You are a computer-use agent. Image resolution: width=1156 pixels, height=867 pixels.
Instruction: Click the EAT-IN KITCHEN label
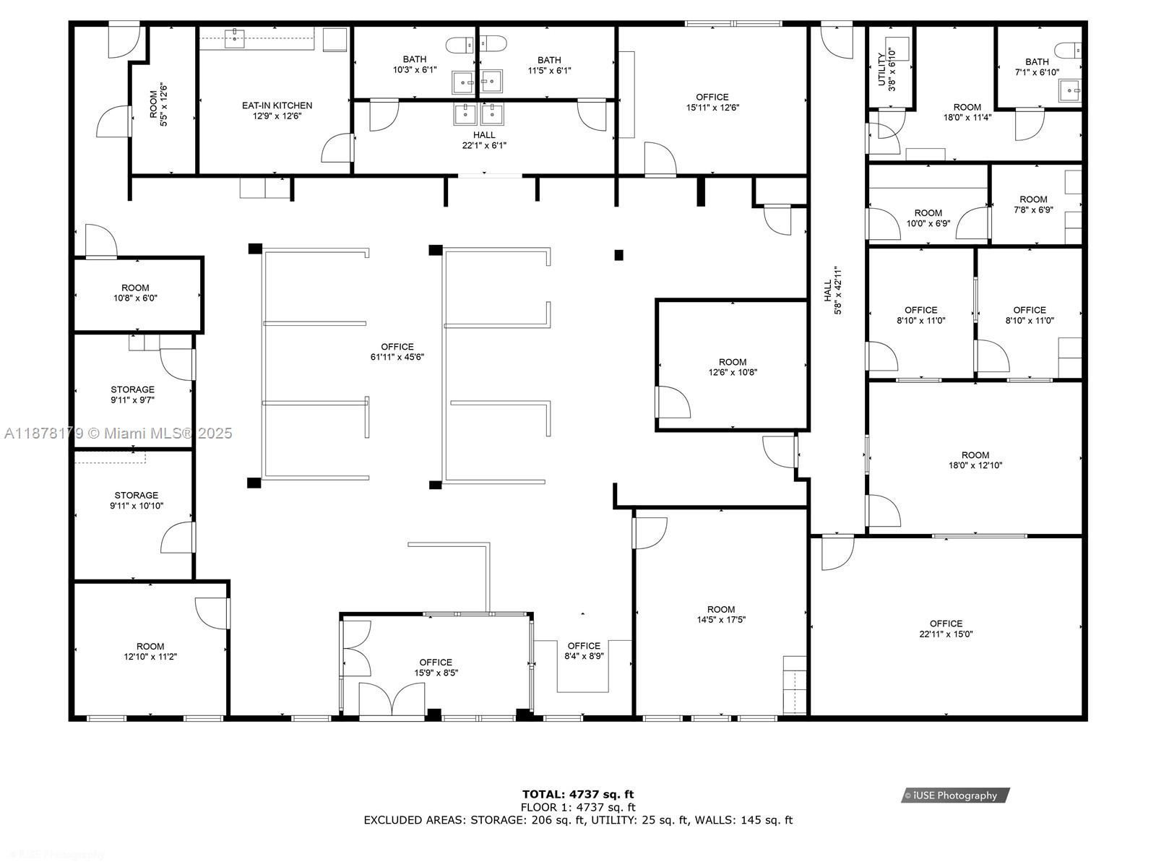277,105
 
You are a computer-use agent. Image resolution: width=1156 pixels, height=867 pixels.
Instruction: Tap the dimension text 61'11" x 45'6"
397,357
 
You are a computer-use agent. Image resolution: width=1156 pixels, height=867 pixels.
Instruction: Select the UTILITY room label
881,69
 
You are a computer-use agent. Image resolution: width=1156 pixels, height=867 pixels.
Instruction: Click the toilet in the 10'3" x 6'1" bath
457,46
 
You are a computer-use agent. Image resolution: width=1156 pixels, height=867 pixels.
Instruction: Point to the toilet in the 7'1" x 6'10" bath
1068,51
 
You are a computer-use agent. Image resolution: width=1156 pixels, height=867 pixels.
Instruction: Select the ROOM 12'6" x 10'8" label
733,362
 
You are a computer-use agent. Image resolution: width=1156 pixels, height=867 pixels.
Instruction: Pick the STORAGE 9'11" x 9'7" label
132,389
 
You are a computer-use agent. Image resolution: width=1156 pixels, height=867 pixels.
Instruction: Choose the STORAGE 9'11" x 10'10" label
136,495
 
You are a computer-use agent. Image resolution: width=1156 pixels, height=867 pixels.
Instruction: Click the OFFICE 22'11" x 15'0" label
946,624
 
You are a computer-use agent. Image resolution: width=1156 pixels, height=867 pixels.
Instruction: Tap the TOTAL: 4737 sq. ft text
578,795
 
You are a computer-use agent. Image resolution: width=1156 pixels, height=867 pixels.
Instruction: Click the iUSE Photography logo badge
955,795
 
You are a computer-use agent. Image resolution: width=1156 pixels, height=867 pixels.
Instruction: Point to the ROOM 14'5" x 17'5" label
720,609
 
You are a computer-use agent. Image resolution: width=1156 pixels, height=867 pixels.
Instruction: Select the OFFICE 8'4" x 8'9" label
584,646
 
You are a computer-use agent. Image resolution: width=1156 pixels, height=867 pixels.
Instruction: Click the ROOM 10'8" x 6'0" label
135,288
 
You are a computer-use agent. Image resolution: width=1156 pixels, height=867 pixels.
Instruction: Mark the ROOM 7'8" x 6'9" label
1033,199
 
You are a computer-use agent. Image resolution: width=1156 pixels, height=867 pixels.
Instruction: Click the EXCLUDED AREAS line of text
578,820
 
